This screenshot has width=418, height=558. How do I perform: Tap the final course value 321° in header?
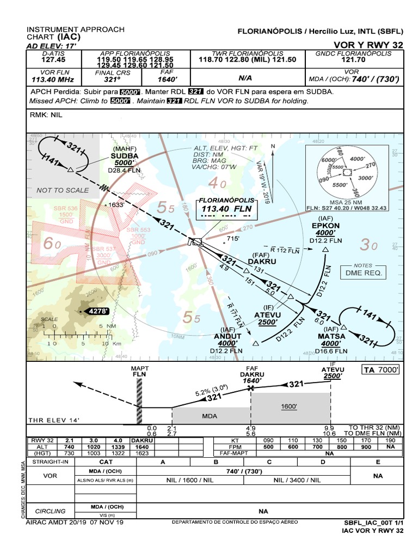point(113,80)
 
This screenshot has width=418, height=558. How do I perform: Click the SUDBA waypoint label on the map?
point(125,155)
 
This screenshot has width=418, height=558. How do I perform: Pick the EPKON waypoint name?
point(325,225)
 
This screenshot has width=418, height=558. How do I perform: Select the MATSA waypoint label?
point(331,336)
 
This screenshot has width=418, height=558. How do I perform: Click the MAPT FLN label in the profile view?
point(140,372)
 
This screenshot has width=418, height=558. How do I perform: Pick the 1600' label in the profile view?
point(289,407)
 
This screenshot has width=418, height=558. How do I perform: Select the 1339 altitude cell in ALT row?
point(118,446)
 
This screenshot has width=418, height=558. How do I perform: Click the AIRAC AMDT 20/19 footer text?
point(75,522)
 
